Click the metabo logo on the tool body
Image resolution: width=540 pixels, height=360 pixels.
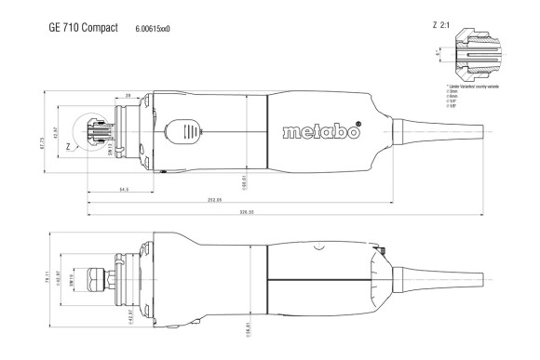319,131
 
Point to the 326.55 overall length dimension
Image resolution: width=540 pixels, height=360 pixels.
246,211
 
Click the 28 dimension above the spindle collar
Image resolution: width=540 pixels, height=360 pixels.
127,95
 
